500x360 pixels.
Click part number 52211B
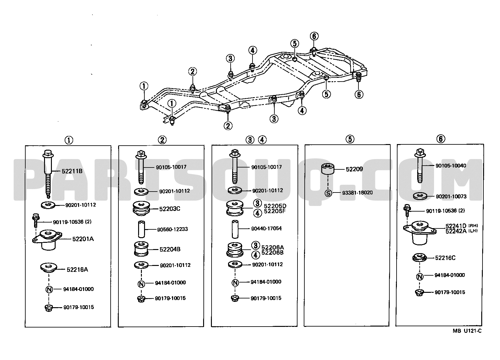click(x=72, y=171)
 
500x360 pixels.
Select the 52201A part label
click(x=83, y=239)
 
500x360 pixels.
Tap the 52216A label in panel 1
click(x=77, y=269)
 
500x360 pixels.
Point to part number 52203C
click(x=170, y=209)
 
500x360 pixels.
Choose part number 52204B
click(x=170, y=249)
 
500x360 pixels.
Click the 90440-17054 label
click(x=266, y=228)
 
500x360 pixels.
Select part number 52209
click(x=354, y=169)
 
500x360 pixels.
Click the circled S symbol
click(x=328, y=193)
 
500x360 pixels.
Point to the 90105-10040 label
click(x=450, y=166)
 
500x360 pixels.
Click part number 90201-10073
click(x=451, y=197)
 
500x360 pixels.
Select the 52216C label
click(x=445, y=258)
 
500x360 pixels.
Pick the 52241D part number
click(x=456, y=226)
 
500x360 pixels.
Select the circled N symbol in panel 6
click(x=420, y=276)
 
